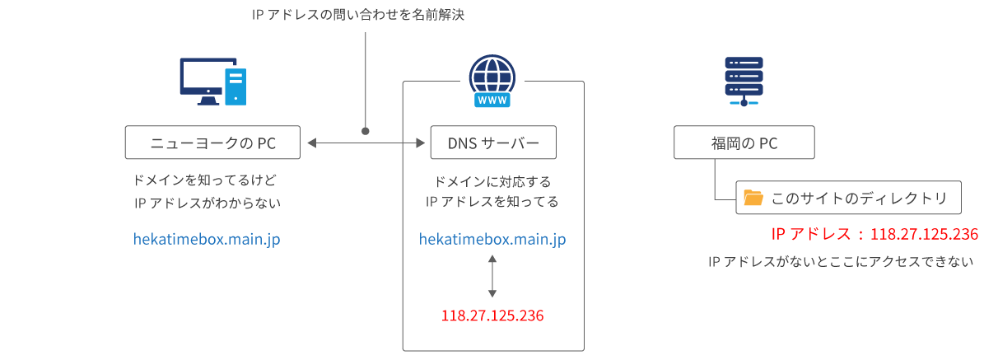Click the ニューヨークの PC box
click(213, 143)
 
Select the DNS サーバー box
click(493, 143)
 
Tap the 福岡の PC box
click(744, 143)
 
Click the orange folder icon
click(753, 198)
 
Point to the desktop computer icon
click(213, 81)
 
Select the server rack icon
click(744, 81)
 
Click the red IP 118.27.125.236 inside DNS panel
click(492, 316)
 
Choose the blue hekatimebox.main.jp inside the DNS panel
click(492, 239)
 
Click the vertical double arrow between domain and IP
click(492, 276)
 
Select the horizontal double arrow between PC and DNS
click(366, 143)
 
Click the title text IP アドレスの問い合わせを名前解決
click(359, 15)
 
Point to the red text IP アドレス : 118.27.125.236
click(874, 234)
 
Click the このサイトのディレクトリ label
click(859, 199)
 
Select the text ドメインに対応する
click(492, 180)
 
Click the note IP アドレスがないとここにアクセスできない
click(841, 262)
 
